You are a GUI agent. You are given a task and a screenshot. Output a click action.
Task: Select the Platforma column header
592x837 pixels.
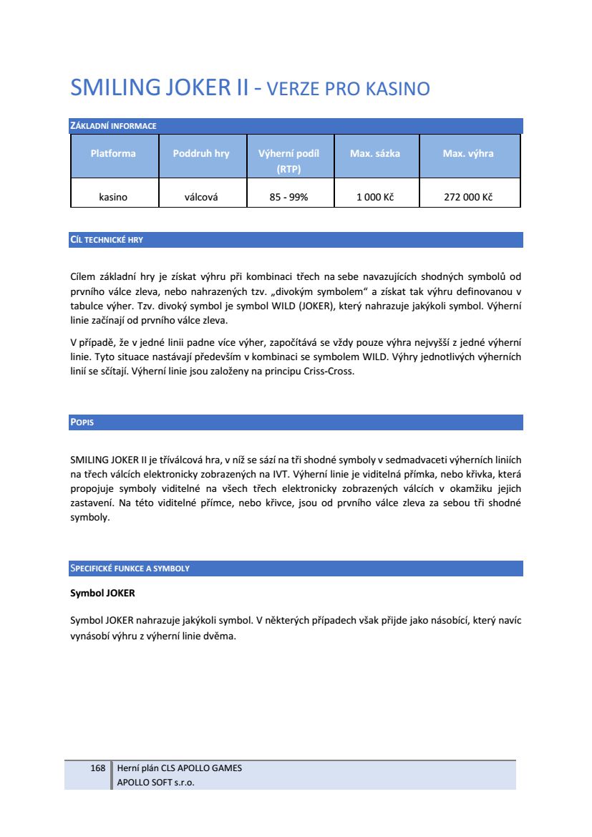pyautogui.click(x=113, y=153)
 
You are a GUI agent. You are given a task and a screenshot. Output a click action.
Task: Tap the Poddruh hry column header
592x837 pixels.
pyautogui.click(x=201, y=153)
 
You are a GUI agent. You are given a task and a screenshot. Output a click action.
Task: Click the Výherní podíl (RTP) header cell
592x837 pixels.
pyautogui.click(x=288, y=161)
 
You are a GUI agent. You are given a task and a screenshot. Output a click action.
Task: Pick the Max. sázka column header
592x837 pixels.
pyautogui.click(x=375, y=153)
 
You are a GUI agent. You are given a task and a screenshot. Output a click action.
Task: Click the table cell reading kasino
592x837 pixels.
pyautogui.click(x=113, y=197)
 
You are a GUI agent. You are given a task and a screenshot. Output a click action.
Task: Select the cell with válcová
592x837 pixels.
pyautogui.click(x=201, y=197)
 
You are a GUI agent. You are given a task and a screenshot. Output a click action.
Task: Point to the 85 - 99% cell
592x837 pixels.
pyautogui.click(x=288, y=197)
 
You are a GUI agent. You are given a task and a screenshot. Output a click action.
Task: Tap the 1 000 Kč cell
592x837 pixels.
pyautogui.click(x=375, y=197)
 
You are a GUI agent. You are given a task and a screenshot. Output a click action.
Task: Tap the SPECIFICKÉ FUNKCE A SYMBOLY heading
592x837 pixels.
pyautogui.click(x=130, y=569)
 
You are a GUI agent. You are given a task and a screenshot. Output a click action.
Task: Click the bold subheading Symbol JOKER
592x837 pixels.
pyautogui.click(x=102, y=594)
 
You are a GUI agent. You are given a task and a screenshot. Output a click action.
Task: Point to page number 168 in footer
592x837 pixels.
pyautogui.click(x=98, y=768)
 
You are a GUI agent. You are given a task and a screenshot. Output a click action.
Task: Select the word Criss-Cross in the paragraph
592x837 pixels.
pyautogui.click(x=329, y=372)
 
